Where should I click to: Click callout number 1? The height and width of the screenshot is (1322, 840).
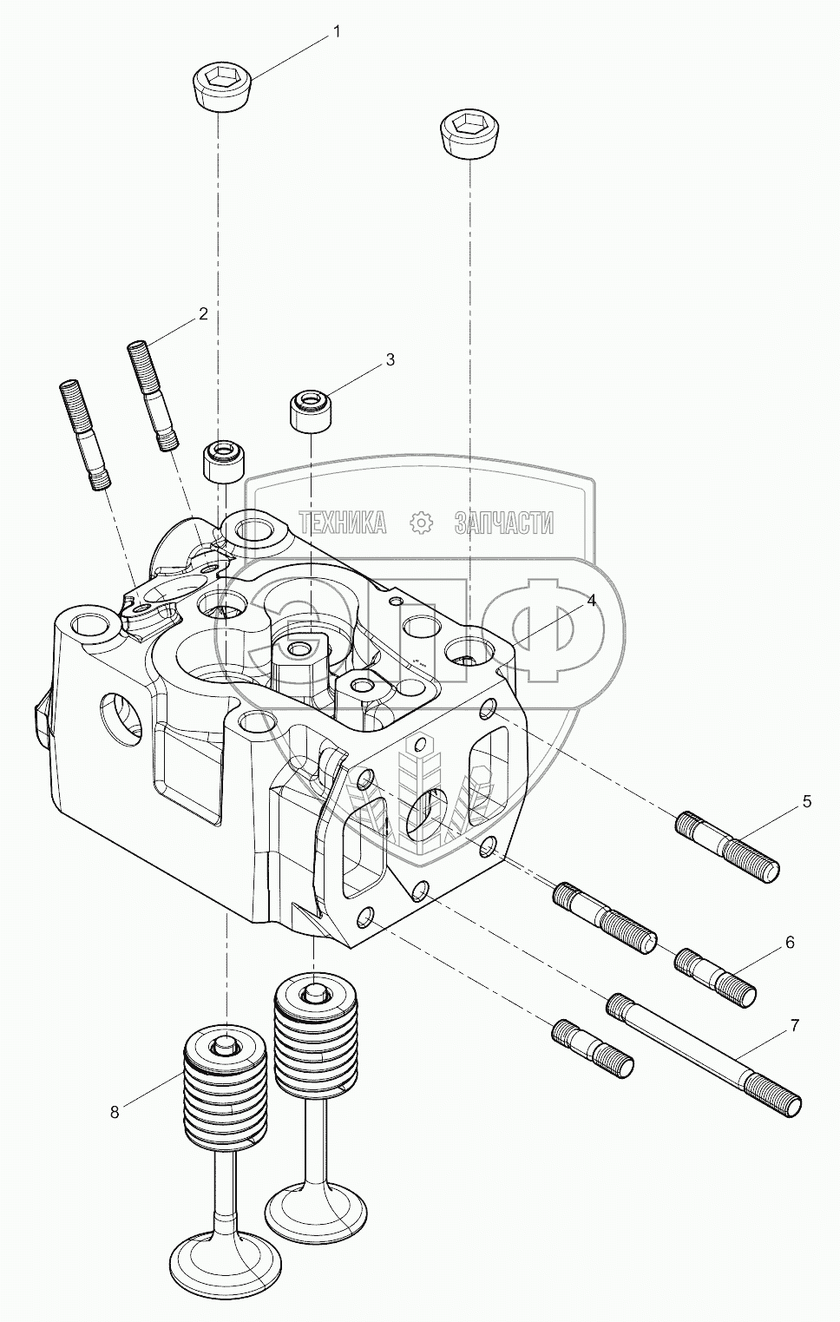tap(338, 33)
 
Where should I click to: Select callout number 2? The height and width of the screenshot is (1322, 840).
tap(202, 314)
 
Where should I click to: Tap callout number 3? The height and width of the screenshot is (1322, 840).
tap(390, 359)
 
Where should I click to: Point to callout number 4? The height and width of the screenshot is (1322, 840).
tap(591, 601)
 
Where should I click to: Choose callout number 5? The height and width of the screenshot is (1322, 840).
tap(806, 801)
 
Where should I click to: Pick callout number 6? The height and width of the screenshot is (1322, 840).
tap(789, 942)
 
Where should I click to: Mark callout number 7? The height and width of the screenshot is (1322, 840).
tap(794, 1026)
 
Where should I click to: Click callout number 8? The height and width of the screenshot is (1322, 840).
tap(115, 1110)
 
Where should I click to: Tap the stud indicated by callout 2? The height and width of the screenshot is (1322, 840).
tap(154, 395)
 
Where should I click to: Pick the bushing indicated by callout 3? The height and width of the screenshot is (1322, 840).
tap(310, 411)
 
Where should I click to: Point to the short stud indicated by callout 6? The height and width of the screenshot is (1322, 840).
tap(715, 976)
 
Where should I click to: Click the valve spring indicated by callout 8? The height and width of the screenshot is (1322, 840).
tap(225, 1090)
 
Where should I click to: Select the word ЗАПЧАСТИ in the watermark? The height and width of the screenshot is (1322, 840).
tap(503, 522)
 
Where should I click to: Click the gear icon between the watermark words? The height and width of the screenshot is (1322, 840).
tap(420, 522)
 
